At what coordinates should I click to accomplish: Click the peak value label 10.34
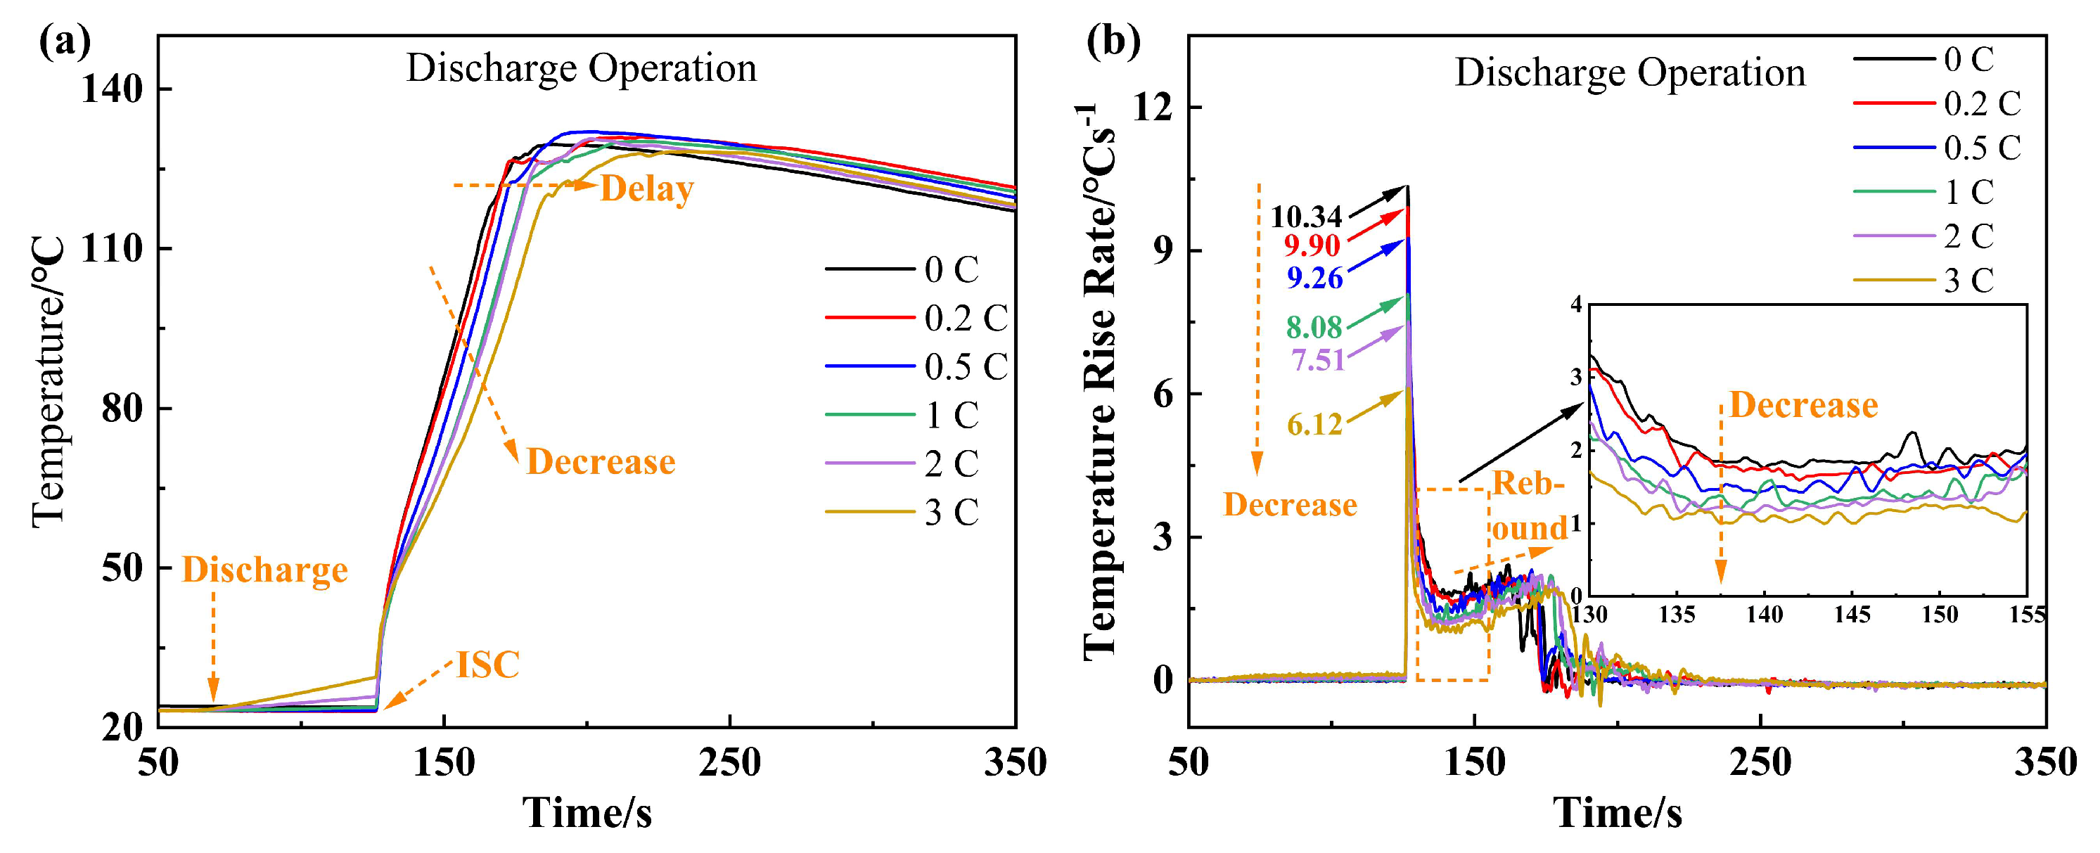click(x=1306, y=217)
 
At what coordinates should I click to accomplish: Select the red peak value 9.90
click(x=1312, y=245)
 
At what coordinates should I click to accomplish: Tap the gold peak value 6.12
click(x=1314, y=424)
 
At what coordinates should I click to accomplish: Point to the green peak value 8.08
click(x=1314, y=327)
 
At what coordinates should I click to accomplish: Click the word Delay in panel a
click(x=646, y=189)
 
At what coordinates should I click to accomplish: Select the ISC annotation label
click(x=487, y=665)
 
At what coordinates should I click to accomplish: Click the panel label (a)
click(x=65, y=42)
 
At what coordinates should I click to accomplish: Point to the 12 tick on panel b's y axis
click(x=1153, y=107)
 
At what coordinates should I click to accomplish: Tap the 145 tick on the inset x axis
click(x=1852, y=614)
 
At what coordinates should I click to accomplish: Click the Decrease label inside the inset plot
click(x=1803, y=405)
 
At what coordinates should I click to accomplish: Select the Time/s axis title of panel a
click(x=587, y=813)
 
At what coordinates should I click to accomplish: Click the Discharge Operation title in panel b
click(x=1630, y=72)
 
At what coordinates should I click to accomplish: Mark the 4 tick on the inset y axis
click(x=1576, y=305)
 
